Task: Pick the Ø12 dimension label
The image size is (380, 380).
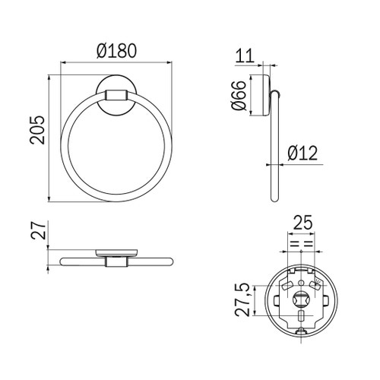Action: click(x=302, y=154)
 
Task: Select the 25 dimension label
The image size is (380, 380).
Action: click(x=302, y=223)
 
